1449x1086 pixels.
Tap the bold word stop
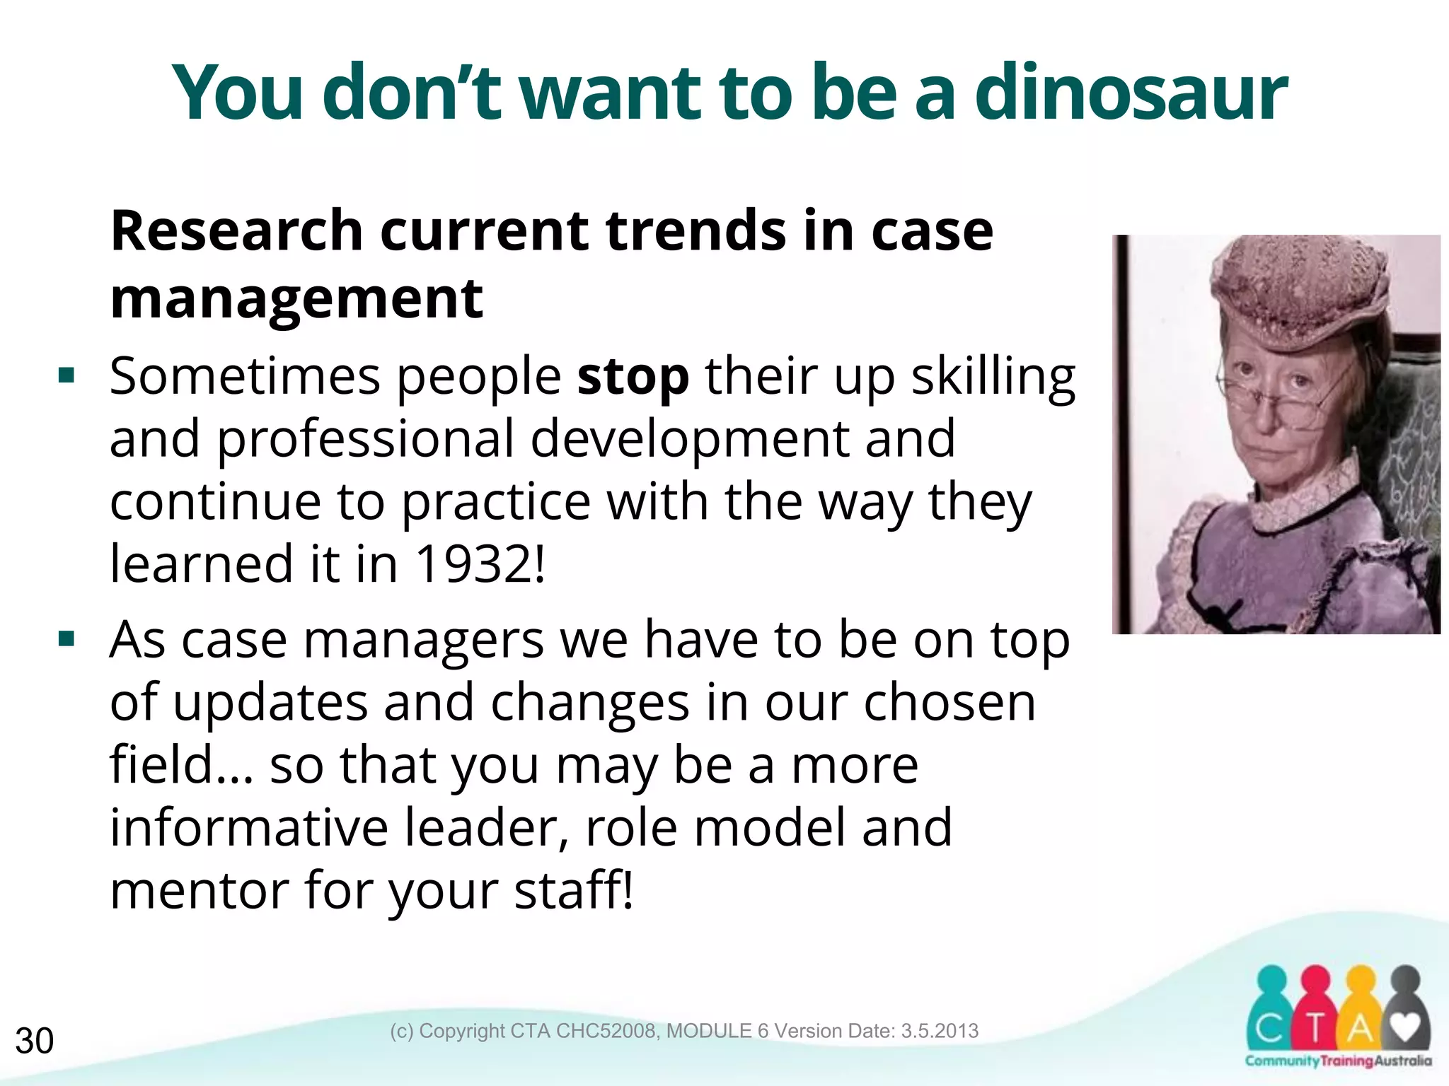point(633,377)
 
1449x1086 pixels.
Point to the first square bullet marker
point(67,375)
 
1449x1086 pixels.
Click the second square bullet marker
point(67,639)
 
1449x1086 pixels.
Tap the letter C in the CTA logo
point(1269,1029)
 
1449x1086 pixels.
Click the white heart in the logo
point(1406,1027)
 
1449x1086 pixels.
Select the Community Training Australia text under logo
point(1338,1061)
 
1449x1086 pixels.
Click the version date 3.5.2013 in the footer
point(940,1031)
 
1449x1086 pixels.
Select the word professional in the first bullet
point(365,439)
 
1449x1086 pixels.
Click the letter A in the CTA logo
point(1358,1029)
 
